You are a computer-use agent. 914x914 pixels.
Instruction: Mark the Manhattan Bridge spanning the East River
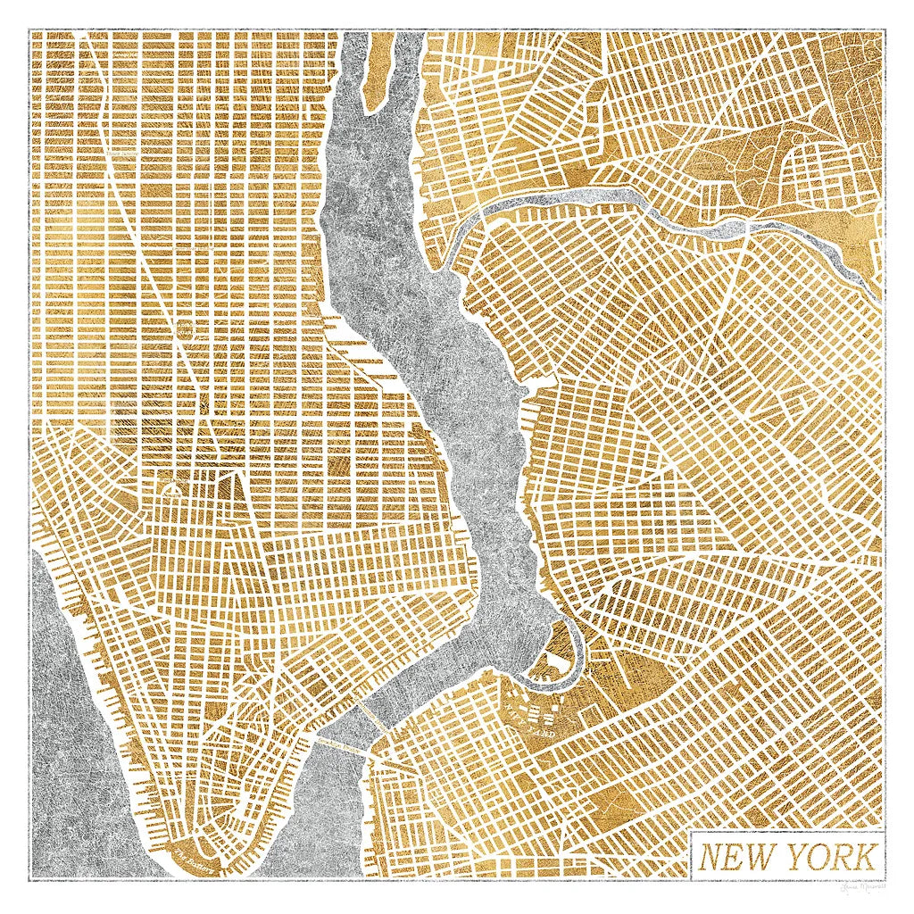click(x=365, y=714)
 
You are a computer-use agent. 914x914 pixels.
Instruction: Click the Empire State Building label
click(x=185, y=330)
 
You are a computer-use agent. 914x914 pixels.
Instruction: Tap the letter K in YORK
click(x=860, y=857)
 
